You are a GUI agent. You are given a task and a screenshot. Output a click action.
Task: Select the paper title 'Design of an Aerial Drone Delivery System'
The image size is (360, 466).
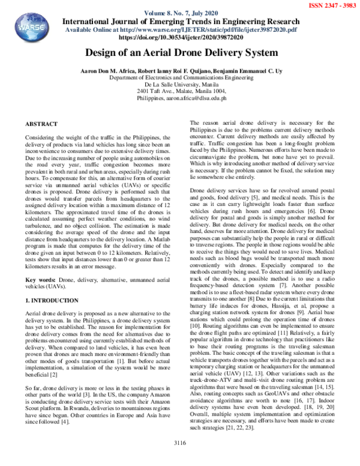pyautogui.click(x=180, y=52)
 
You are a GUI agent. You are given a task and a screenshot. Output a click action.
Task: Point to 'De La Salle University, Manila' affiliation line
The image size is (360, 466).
pyautogui.click(x=180, y=85)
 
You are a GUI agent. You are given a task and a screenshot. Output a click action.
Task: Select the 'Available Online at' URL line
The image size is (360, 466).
pyautogui.click(x=180, y=29)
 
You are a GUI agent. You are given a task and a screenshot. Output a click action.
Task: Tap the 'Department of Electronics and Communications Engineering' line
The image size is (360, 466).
pyautogui.click(x=180, y=78)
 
